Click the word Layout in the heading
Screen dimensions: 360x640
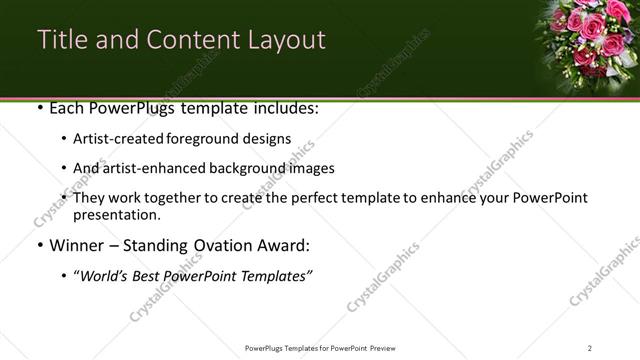coord(284,40)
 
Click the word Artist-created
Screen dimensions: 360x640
coord(114,139)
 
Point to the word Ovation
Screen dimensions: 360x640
coord(218,245)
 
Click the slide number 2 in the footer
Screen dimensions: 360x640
coord(590,348)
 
